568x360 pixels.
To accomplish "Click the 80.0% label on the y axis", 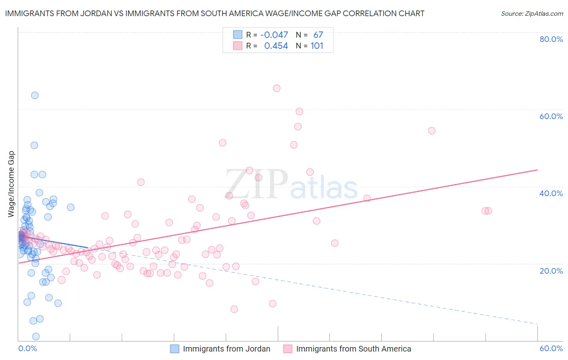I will pos(551,39).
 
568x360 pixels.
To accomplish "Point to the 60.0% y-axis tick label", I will pos(551,116).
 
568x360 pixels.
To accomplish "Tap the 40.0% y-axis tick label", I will pos(551,193).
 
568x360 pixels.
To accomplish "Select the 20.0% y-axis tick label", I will pos(551,270).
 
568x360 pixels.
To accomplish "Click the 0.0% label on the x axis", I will pos(27,348).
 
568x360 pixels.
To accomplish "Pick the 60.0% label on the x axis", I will pos(551,348).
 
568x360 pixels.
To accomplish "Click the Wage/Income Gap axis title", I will pos(11,184).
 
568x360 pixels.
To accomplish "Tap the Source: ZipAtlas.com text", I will pos(532,13).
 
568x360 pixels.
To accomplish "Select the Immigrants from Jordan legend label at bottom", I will pos(226,349).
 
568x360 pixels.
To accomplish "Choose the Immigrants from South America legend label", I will pos(353,349).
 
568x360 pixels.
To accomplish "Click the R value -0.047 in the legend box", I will pos(274,35).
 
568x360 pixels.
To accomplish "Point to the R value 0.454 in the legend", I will pos(276,46).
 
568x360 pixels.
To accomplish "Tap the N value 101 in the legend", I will pos(317,46).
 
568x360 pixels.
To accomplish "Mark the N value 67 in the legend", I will pos(318,35).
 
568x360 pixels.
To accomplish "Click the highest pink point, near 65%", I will pos(277,88).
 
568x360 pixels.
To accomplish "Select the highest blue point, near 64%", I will pos(35,95).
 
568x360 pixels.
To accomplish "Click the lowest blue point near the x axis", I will pos(36,337).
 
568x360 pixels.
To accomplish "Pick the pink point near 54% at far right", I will pos(431,130).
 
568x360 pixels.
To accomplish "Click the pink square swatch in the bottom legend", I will pos(288,349).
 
